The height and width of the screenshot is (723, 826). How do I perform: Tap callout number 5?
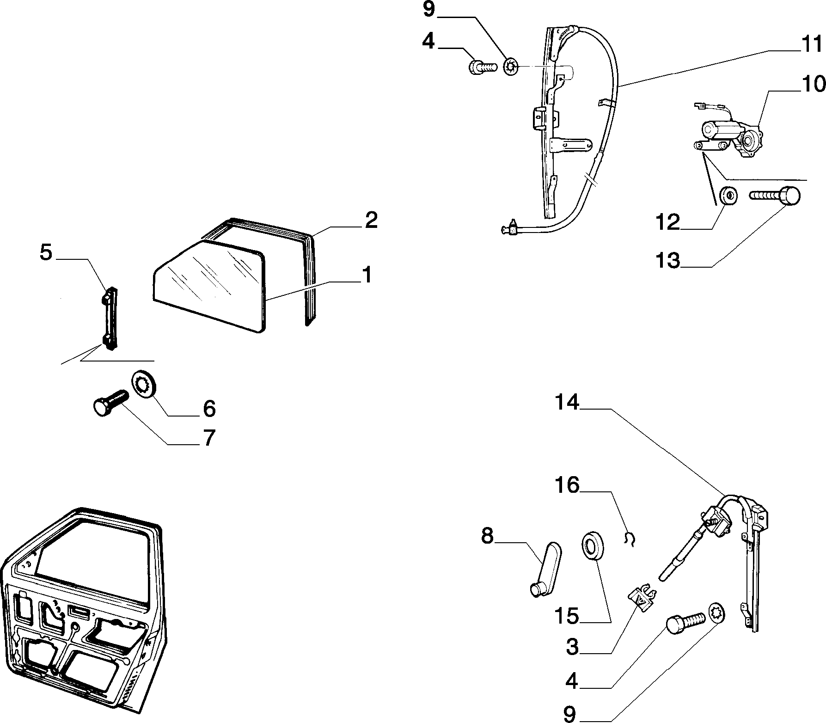[46, 253]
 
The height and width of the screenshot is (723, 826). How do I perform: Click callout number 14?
[567, 403]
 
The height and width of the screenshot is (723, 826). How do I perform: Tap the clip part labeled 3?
[642, 599]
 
